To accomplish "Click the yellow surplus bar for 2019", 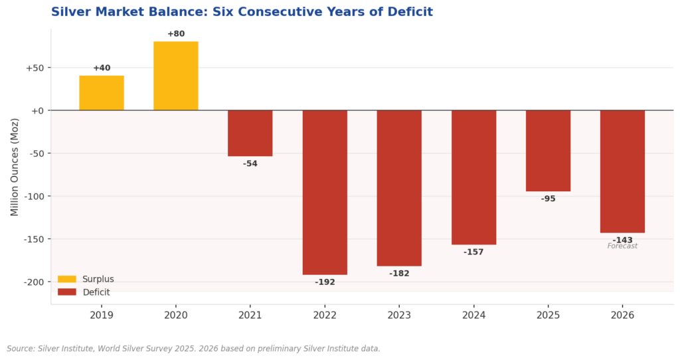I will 102,93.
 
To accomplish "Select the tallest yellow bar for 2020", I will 176,76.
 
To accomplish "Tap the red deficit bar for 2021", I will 250,133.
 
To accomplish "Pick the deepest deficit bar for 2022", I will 325,192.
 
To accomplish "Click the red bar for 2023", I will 399,188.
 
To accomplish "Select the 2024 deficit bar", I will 473,177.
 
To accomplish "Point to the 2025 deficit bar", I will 548,151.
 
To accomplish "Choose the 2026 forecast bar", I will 622,171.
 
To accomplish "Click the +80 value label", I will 176,34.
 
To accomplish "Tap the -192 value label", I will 325,282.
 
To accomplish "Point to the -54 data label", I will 250,164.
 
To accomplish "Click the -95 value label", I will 548,199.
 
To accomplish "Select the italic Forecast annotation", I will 622,246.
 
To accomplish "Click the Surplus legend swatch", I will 67,279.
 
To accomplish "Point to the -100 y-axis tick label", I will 30,196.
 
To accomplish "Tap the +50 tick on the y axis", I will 34,68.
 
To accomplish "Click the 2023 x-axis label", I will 399,315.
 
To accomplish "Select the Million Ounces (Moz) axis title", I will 15,167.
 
